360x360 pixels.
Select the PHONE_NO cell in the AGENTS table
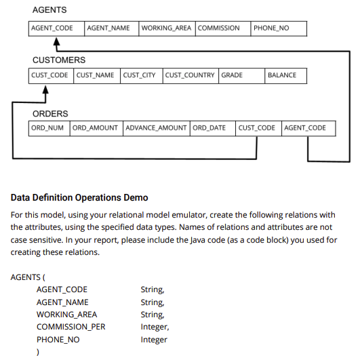pos(278,28)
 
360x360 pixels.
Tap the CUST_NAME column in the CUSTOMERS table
pos(96,75)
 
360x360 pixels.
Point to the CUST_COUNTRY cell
pos(190,75)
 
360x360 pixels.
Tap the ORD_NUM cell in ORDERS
pos(49,128)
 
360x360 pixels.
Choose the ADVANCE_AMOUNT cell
pos(157,128)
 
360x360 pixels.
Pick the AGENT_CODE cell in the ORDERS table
pos(307,128)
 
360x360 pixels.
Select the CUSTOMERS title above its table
pos(59,60)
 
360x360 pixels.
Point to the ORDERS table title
pos(50,113)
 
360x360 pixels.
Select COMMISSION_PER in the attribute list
pos(71,327)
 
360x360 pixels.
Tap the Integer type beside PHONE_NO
pos(153,339)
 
